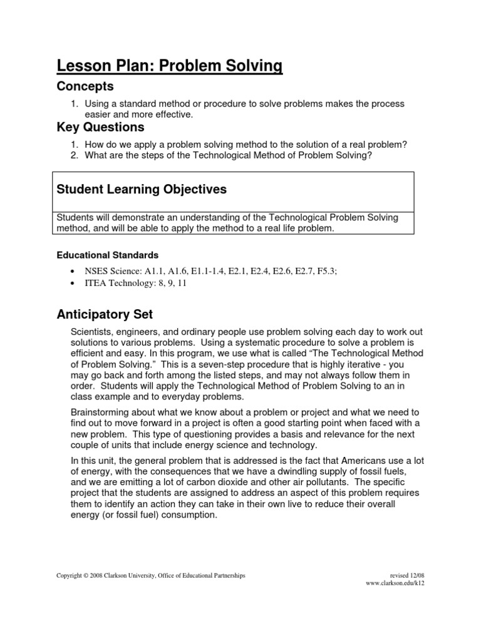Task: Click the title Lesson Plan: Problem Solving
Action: pos(170,65)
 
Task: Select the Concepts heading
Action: pos(85,86)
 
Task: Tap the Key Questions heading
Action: pos(100,127)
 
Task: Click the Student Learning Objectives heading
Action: pos(142,189)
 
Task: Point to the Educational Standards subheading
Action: pos(108,255)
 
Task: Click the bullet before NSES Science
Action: pos(73,270)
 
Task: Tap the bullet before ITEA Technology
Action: pos(73,283)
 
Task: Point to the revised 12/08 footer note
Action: pos(406,575)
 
